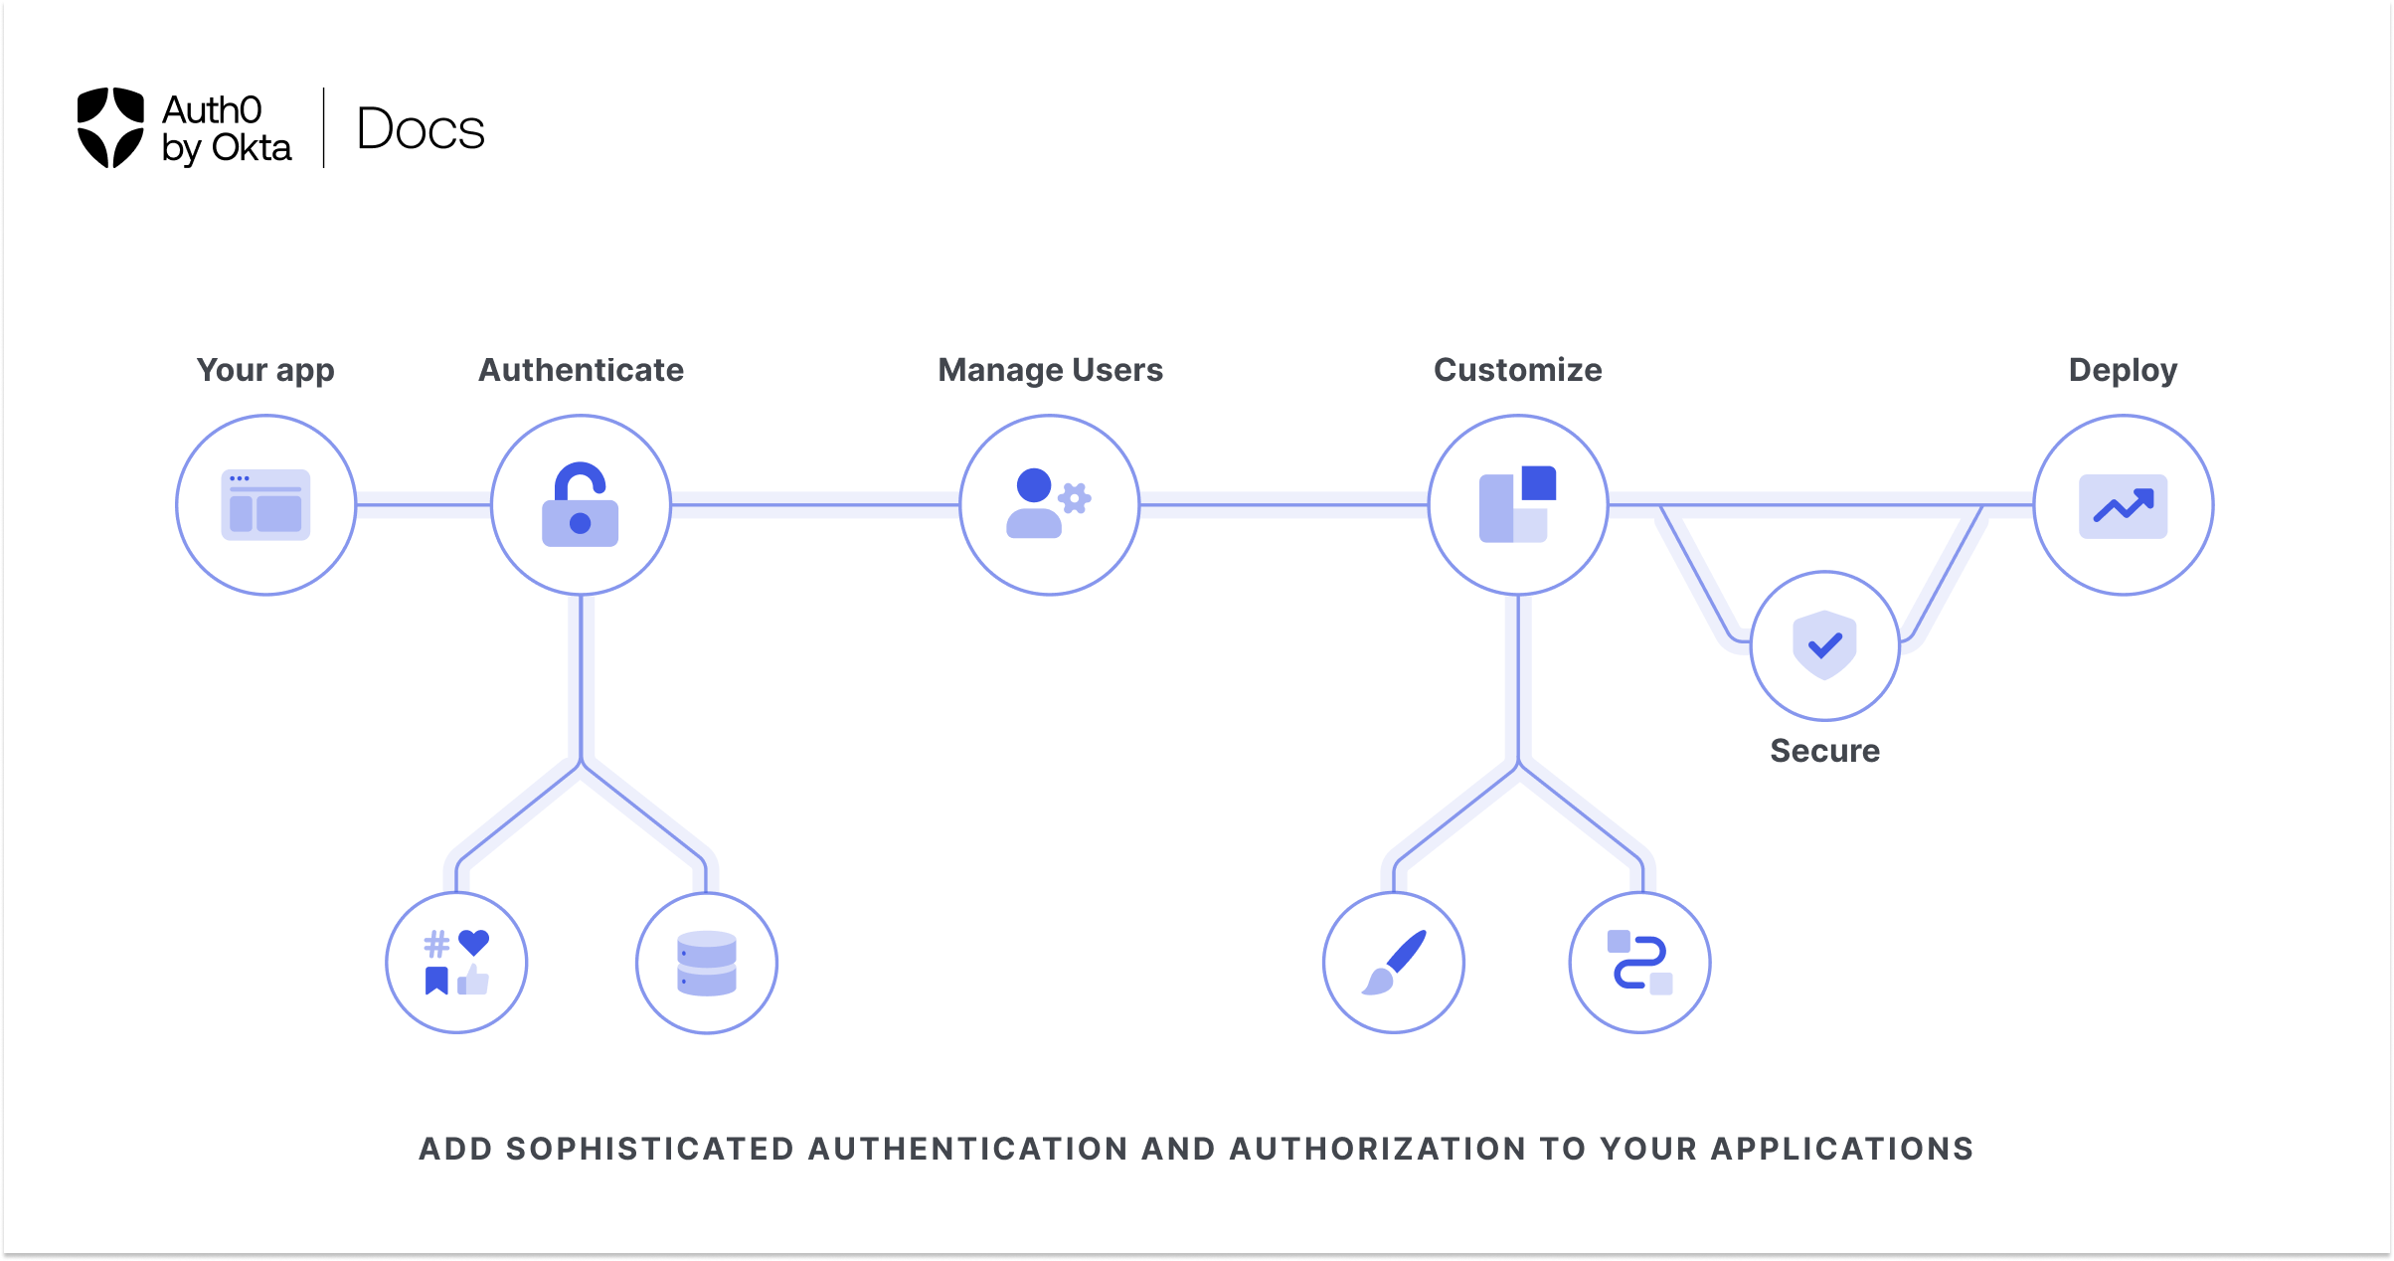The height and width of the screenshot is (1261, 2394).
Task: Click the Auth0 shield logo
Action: point(110,127)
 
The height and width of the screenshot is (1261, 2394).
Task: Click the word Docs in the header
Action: point(421,129)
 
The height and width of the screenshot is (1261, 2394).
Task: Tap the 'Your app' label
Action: point(265,370)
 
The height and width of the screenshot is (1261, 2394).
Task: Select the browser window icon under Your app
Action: point(265,505)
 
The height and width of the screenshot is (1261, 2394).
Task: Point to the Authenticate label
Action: point(581,370)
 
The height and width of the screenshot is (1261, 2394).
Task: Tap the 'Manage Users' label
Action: point(1050,370)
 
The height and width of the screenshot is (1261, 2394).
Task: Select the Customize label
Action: point(1517,370)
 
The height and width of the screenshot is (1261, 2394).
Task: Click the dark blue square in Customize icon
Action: point(1538,483)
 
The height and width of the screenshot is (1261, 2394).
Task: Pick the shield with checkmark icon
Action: point(1824,645)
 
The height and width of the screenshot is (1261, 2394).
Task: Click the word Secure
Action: point(1824,751)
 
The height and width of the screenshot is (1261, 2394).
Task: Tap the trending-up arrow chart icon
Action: point(2123,506)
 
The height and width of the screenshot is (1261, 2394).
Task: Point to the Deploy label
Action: point(2123,370)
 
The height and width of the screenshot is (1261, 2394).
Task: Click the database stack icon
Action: point(706,963)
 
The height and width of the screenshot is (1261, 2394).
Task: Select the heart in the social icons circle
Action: point(474,941)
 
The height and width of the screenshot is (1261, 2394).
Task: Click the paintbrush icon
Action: point(1394,963)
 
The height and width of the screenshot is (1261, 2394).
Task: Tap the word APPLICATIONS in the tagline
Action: point(1841,1149)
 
